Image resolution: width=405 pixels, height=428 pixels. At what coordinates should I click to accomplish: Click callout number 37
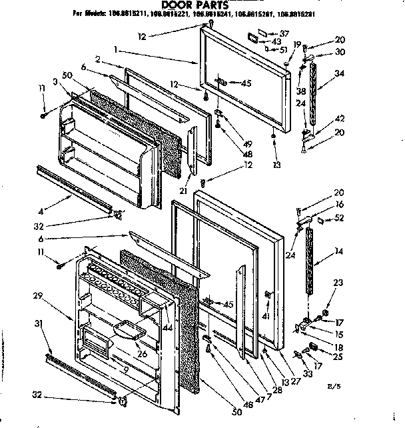click(284, 33)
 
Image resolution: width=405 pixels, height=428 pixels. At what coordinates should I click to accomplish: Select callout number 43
click(276, 42)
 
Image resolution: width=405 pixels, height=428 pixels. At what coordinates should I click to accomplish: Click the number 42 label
click(340, 118)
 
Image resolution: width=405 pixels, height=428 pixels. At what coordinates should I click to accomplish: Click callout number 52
click(341, 217)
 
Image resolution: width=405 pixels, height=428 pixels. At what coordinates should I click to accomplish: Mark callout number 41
click(266, 317)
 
